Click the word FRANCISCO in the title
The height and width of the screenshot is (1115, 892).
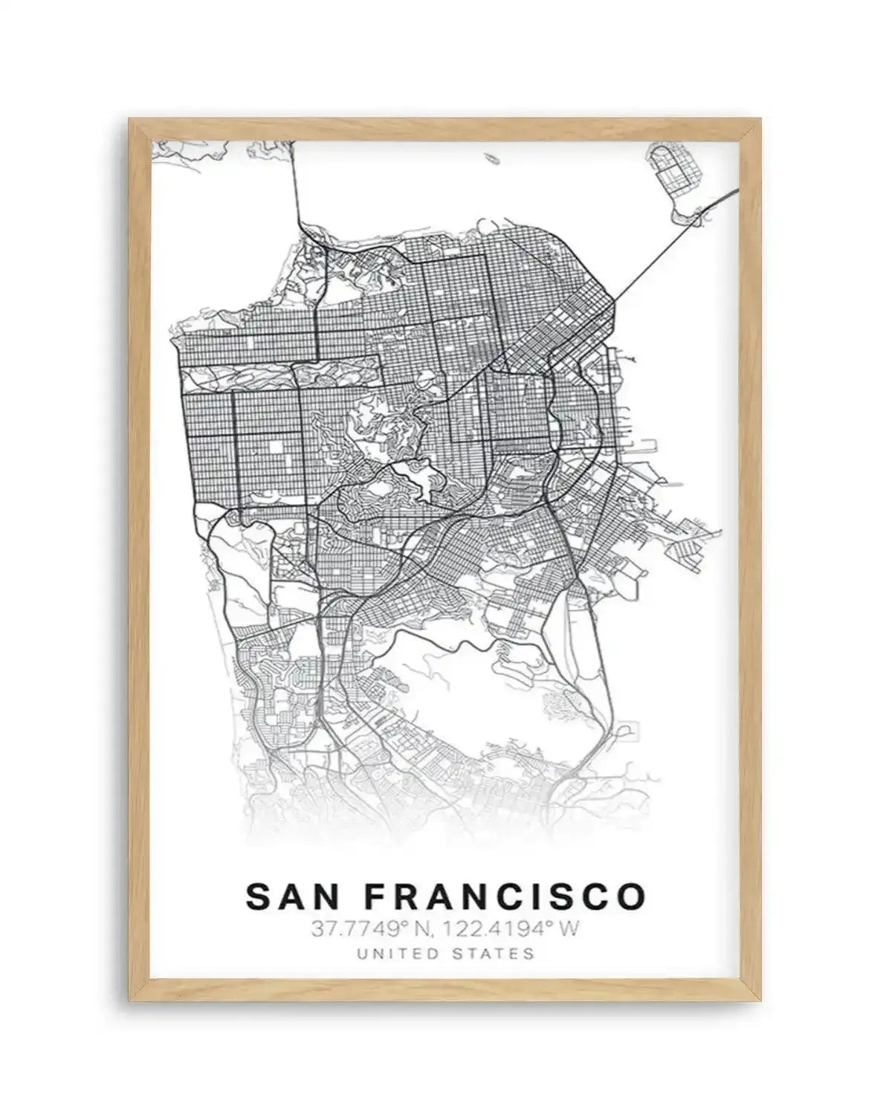tap(506, 896)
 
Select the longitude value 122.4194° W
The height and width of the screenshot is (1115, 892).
tap(507, 930)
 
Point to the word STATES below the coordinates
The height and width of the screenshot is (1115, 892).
tap(497, 954)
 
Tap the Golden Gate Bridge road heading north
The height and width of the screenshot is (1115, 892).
tap(295, 186)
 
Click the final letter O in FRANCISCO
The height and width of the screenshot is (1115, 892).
tap(633, 896)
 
